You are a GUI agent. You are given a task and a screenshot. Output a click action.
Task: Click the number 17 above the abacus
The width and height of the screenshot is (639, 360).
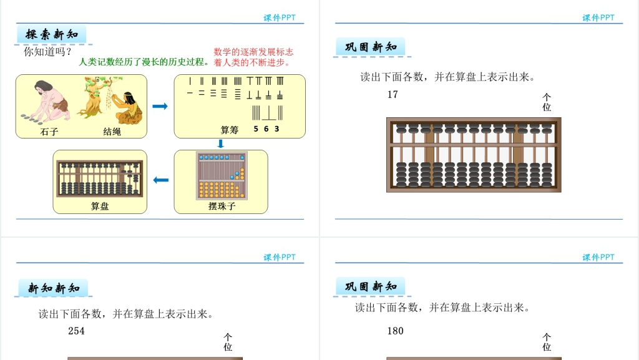pos(393,95)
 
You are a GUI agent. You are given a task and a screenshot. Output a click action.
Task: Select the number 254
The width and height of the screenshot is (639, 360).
pos(76,331)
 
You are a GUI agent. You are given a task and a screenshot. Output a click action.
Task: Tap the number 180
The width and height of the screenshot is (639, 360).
pos(395,331)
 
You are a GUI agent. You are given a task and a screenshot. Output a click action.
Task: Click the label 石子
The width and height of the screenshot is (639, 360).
pos(49,132)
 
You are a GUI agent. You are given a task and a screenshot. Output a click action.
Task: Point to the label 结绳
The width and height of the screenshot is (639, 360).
pos(112,132)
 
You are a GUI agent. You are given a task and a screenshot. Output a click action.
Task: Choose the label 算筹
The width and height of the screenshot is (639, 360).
pos(230,130)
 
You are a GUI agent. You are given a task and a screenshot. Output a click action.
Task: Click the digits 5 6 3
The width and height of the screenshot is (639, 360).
pos(266,129)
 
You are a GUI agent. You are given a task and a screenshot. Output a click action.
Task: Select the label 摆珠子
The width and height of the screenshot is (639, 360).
pos(222,206)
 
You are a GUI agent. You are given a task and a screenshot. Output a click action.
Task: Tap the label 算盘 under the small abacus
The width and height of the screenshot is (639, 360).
pos(100,206)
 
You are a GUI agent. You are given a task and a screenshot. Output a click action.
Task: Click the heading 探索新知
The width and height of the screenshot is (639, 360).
pos(52,34)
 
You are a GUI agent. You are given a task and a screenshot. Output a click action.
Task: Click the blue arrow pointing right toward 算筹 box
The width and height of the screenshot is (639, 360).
pos(160,106)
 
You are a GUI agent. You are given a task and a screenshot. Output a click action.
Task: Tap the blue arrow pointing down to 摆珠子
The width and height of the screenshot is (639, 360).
pos(220,144)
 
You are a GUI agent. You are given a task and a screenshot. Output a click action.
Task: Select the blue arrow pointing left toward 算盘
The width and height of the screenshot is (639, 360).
pos(160,180)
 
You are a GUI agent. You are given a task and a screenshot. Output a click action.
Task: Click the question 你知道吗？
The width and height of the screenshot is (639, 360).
pos(47,52)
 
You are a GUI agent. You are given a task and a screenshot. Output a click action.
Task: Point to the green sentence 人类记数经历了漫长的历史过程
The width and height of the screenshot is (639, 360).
pos(144,62)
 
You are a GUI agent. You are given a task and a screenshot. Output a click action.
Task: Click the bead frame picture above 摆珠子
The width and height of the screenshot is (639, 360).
pos(222,175)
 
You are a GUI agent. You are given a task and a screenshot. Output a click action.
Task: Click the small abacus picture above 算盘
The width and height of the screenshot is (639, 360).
pos(99,178)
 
